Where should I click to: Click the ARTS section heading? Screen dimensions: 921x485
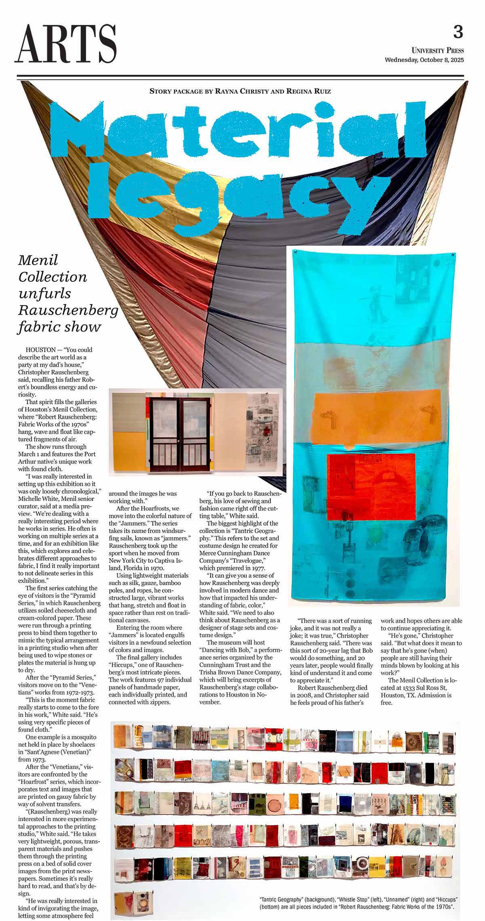[66, 44]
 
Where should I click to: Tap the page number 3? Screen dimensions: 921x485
[458, 32]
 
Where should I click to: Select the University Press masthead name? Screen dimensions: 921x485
[438, 51]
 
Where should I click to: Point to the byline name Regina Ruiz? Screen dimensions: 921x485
[309, 91]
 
